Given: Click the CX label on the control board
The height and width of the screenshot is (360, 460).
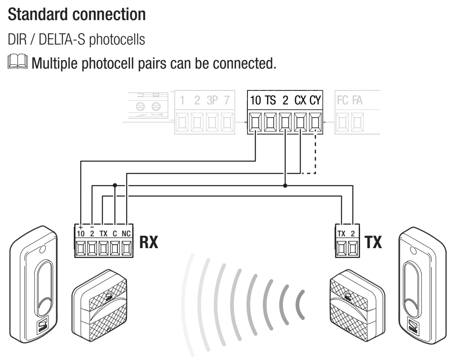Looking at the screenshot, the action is coord(300,100).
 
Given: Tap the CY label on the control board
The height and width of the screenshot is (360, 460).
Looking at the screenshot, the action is coord(315,100).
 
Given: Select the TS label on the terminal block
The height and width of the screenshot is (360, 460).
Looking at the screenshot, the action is coord(271,100).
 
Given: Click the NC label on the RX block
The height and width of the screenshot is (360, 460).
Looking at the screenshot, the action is coord(126,233).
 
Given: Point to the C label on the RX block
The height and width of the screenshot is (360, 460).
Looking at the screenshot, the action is coord(115,233).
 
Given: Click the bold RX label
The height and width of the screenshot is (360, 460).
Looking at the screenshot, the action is coord(148,242).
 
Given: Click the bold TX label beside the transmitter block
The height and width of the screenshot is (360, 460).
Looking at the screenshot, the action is coord(373,242).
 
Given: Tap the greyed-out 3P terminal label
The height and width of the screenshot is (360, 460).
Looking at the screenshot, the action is coord(213,100).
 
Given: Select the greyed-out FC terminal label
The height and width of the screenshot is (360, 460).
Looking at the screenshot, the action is coord(342,100).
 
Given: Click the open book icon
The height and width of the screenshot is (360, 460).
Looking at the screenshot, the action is coord(17,62).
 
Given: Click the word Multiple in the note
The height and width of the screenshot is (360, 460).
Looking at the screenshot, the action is coord(55,63).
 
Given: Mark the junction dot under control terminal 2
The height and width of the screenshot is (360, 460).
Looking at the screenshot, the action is coord(285,186).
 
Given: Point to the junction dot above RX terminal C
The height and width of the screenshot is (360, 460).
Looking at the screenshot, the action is coord(115,185).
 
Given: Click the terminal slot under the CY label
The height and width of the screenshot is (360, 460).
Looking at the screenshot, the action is coord(315,122).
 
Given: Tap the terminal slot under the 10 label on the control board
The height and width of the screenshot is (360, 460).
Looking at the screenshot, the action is coord(255,122).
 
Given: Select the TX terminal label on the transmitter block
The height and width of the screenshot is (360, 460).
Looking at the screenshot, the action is coord(341,233).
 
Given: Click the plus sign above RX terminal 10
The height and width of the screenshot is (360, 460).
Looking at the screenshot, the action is coord(81,227).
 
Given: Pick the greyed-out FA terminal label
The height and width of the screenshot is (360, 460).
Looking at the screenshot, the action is coord(357,100).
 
